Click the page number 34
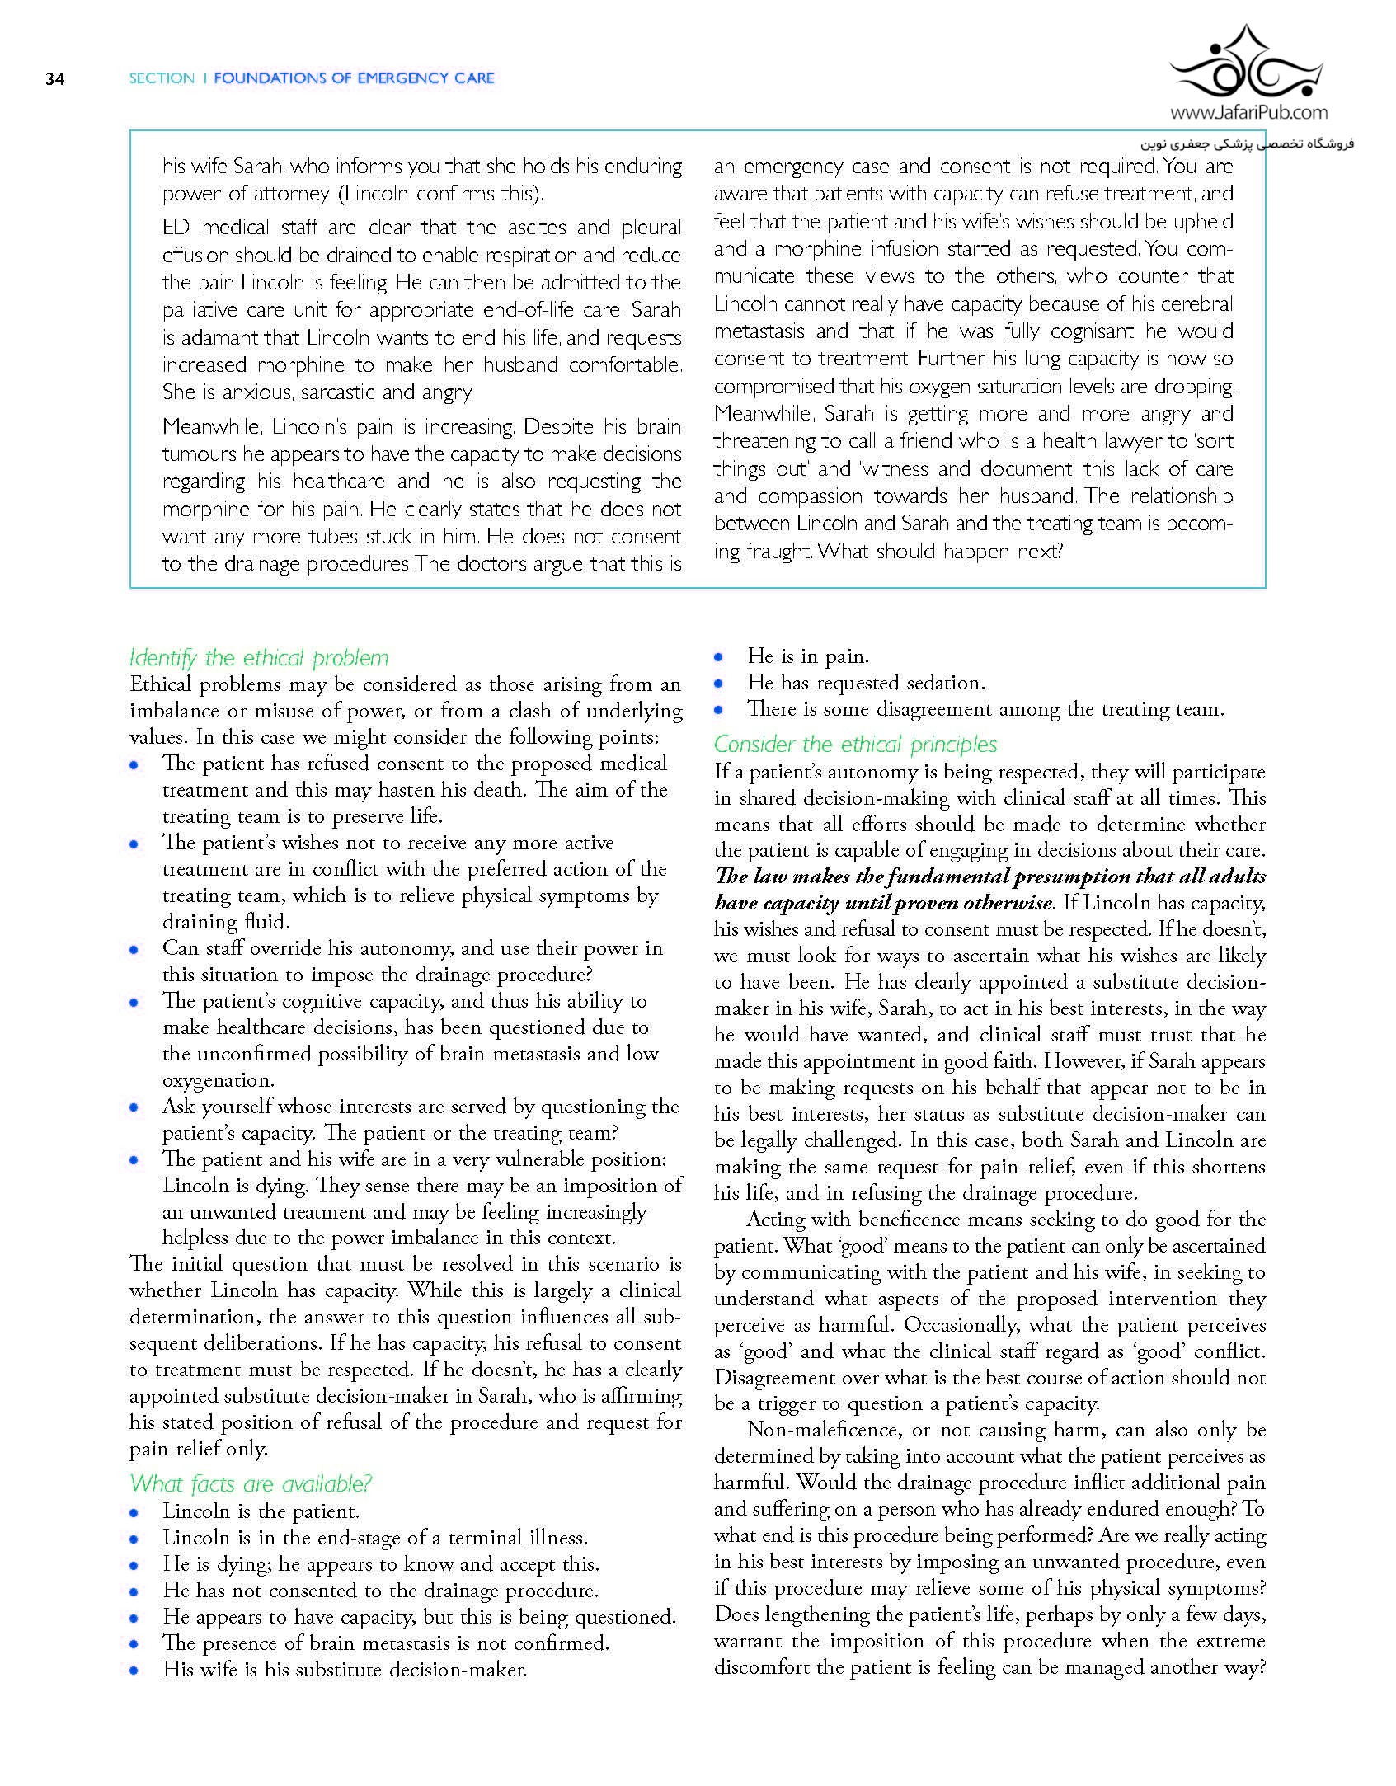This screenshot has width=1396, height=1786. (x=54, y=79)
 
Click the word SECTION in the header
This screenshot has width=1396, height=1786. (x=162, y=78)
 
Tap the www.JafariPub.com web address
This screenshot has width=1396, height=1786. (x=1248, y=113)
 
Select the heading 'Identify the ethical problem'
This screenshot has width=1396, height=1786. (x=258, y=658)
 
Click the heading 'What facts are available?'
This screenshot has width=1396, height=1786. (x=250, y=1484)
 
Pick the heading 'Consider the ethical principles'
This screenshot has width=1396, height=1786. (x=855, y=745)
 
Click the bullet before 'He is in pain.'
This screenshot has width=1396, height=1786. (x=719, y=657)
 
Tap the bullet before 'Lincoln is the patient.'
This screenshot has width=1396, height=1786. (x=134, y=1512)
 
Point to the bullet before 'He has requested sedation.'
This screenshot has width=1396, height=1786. (x=719, y=684)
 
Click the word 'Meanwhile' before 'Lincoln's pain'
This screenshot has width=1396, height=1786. (x=211, y=427)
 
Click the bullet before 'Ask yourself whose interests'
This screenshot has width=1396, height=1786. (x=134, y=1107)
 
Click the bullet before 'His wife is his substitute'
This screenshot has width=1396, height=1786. (x=134, y=1671)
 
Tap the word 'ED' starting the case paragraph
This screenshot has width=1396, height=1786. (x=176, y=228)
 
